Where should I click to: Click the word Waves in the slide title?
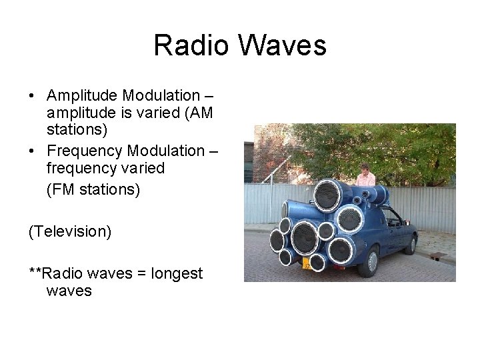click(281, 45)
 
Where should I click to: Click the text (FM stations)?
click(93, 190)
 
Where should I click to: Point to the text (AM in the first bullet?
click(199, 113)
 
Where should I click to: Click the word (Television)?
click(70, 231)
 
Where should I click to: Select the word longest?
click(177, 273)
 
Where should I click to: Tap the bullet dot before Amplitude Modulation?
click(33, 97)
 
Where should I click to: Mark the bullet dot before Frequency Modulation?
click(33, 151)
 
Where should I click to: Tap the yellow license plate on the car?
click(306, 263)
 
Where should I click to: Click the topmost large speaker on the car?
click(327, 195)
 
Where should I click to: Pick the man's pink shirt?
click(365, 180)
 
